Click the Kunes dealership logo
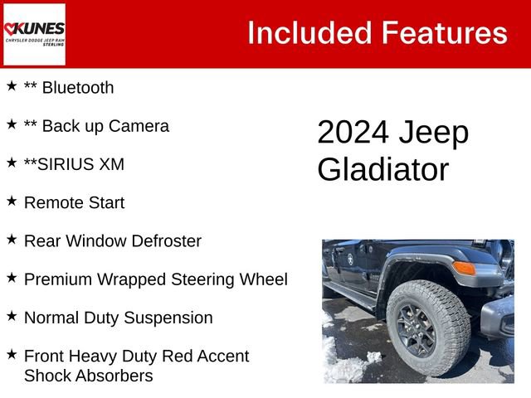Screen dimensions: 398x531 pyautogui.click(x=34, y=33)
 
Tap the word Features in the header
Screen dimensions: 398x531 pyautogui.click(x=444, y=33)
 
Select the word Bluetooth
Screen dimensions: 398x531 pyautogui.click(x=77, y=88)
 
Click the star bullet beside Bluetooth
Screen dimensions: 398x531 pyautogui.click(x=12, y=86)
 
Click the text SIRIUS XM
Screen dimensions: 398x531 pyautogui.click(x=81, y=164)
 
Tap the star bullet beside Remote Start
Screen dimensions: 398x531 pyautogui.click(x=12, y=201)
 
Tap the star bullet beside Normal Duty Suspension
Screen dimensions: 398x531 pyautogui.click(x=12, y=316)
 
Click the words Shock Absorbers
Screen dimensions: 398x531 pyautogui.click(x=89, y=376)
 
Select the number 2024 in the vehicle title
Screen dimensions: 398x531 pyautogui.click(x=352, y=133)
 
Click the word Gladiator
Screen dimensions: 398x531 pyautogui.click(x=382, y=170)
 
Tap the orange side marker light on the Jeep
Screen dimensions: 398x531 pyautogui.click(x=464, y=268)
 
